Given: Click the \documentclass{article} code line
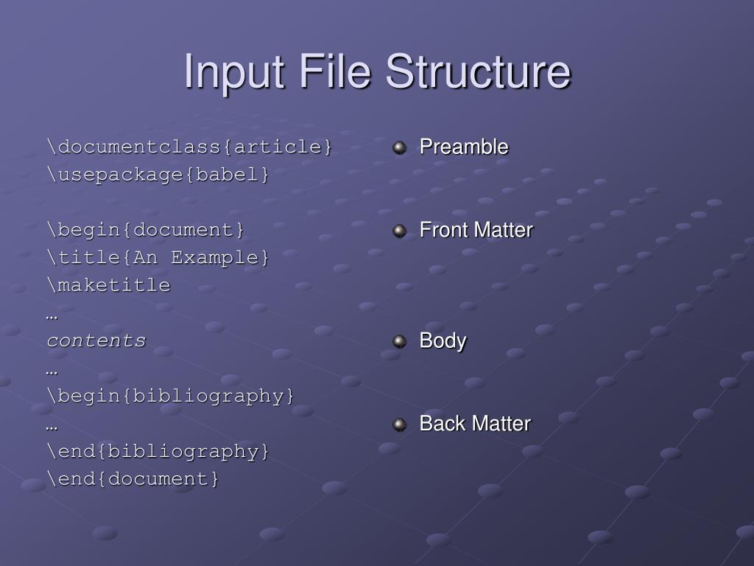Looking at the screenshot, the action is [x=190, y=147].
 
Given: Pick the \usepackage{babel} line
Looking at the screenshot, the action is [x=158, y=175].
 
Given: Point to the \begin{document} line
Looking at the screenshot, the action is [x=146, y=230].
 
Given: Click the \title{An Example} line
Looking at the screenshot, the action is [x=158, y=258].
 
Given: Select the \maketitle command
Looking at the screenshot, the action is [x=108, y=285].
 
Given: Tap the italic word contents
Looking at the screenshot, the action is [x=96, y=340].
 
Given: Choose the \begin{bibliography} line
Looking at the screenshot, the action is [x=171, y=396].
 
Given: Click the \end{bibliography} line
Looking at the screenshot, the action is [x=158, y=451].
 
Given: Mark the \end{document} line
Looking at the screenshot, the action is [x=133, y=479].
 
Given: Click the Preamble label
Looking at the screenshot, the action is [x=464, y=147].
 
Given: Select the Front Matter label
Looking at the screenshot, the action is [x=476, y=230].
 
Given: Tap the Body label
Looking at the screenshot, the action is [x=443, y=340].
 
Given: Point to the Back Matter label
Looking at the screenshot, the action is [x=475, y=424].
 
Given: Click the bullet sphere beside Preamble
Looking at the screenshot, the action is [x=400, y=147].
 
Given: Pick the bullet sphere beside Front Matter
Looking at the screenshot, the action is [x=400, y=231].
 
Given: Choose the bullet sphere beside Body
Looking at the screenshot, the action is [x=400, y=341].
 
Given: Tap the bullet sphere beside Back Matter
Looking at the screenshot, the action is [x=400, y=424].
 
